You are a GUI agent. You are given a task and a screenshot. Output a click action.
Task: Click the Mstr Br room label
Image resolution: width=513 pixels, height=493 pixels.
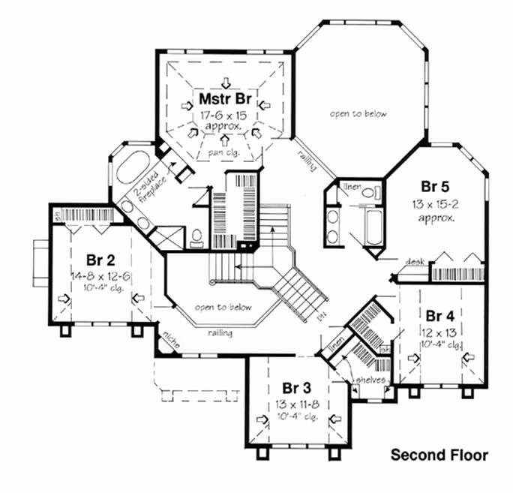[224, 99]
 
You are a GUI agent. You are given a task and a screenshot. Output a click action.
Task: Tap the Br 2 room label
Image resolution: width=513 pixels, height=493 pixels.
[100, 261]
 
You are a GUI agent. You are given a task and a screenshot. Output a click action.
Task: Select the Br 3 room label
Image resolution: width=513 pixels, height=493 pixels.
[296, 388]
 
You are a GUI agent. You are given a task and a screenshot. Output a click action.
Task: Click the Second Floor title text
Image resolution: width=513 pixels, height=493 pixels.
[439, 455]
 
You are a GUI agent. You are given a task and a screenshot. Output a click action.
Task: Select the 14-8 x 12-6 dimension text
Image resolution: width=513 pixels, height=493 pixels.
[100, 276]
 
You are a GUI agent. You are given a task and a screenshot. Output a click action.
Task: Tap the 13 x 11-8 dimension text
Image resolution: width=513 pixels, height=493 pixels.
[297, 404]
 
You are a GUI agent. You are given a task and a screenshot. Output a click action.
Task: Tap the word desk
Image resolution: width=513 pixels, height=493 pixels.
[415, 262]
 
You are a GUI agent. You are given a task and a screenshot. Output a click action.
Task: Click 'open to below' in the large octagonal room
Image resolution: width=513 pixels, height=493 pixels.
[358, 114]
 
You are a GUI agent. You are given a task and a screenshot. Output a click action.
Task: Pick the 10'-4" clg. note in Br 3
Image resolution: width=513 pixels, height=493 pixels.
[297, 416]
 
